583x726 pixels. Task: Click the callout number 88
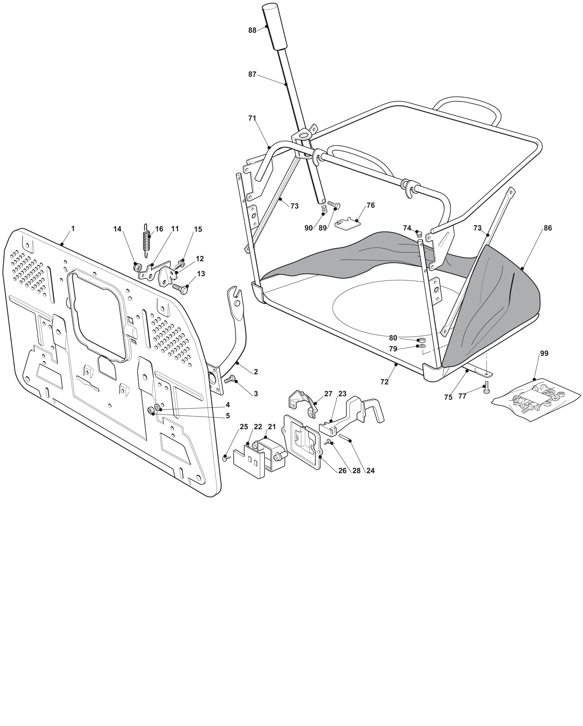point(252,30)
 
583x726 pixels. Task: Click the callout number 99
point(544,353)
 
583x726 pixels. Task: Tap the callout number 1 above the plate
point(73,228)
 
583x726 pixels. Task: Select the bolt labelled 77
point(486,388)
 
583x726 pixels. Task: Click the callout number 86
point(548,228)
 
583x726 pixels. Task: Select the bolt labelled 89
point(334,204)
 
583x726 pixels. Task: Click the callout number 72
point(384,382)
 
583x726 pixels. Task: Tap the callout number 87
point(252,74)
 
